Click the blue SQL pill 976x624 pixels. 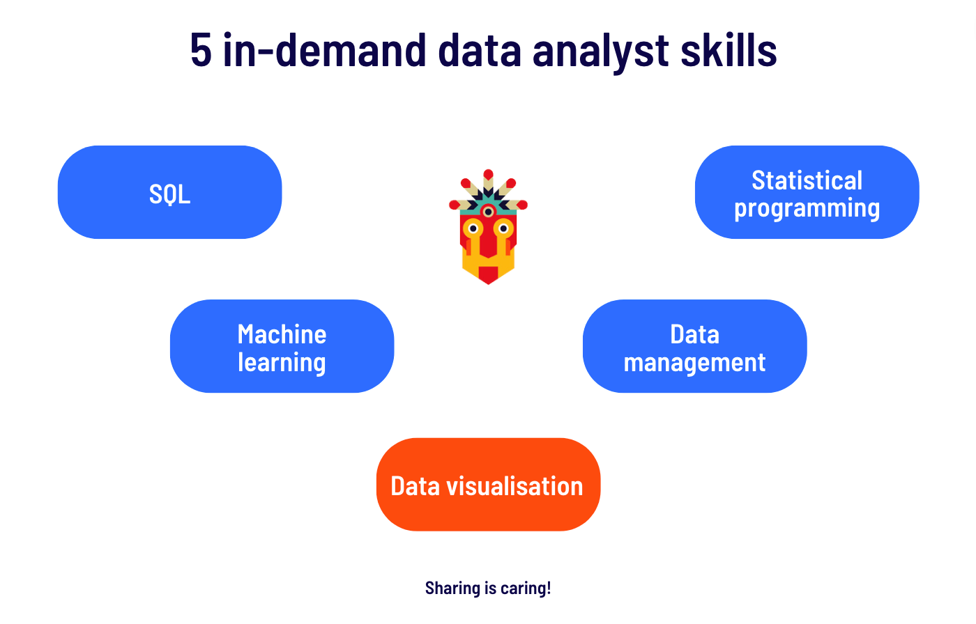coord(169,192)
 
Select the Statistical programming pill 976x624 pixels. coord(807,192)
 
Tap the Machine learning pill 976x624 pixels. coord(282,346)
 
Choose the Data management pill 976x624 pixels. coord(695,346)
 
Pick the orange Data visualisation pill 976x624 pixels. coord(489,484)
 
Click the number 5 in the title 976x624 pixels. coord(201,50)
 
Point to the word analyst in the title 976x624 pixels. coord(600,52)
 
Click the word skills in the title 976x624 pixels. coord(729,49)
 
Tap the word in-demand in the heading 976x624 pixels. coord(324,49)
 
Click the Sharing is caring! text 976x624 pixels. coord(488,588)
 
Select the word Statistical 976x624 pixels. coord(807,180)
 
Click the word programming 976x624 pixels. coord(807,208)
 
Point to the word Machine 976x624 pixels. coord(282,334)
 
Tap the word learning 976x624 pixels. coord(282,362)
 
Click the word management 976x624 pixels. coord(694,362)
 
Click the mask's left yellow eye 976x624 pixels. coord(473,228)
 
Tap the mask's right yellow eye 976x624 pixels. coord(503,228)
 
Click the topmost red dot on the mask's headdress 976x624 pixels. coord(489,174)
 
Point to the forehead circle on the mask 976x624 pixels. coord(489,212)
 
